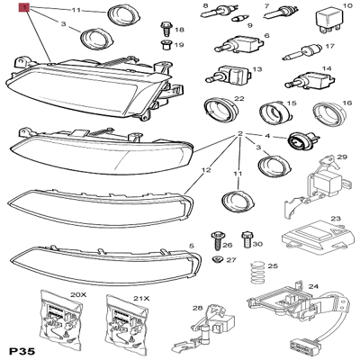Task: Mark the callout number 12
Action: [206, 168]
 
